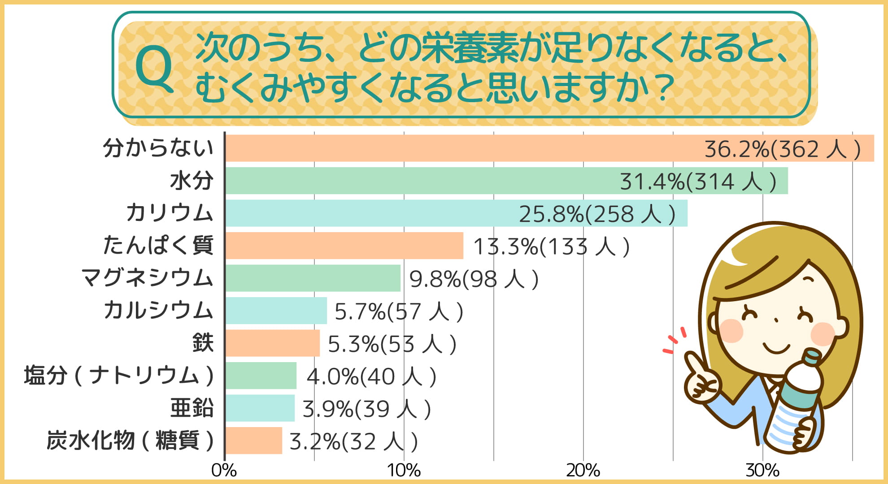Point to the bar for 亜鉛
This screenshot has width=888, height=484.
point(260,408)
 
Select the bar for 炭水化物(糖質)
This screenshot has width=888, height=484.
point(253,441)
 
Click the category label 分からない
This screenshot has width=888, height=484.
point(158,148)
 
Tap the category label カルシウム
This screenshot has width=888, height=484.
point(158,311)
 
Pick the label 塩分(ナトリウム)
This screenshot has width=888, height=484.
point(119,376)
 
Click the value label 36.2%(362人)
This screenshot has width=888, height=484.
point(782,149)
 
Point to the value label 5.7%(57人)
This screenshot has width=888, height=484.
point(399,311)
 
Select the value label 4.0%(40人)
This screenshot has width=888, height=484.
point(371,376)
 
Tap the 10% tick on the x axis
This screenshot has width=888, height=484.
point(404,471)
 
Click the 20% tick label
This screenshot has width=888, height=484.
point(583,471)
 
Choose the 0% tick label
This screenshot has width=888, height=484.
point(224,471)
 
